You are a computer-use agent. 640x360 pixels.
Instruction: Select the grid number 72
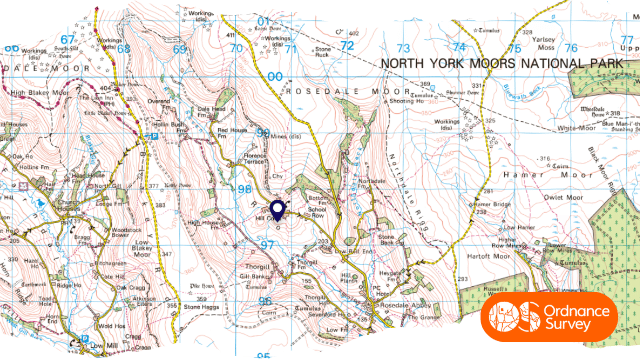pyautogui.click(x=347, y=46)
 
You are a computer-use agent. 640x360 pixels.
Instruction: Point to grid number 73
pyautogui.click(x=403, y=48)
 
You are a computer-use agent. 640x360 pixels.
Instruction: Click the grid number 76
pyautogui.click(x=570, y=47)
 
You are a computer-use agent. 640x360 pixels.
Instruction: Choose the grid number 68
pyautogui.click(x=123, y=48)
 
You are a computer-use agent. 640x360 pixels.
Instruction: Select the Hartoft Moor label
pyautogui.click(x=487, y=256)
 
